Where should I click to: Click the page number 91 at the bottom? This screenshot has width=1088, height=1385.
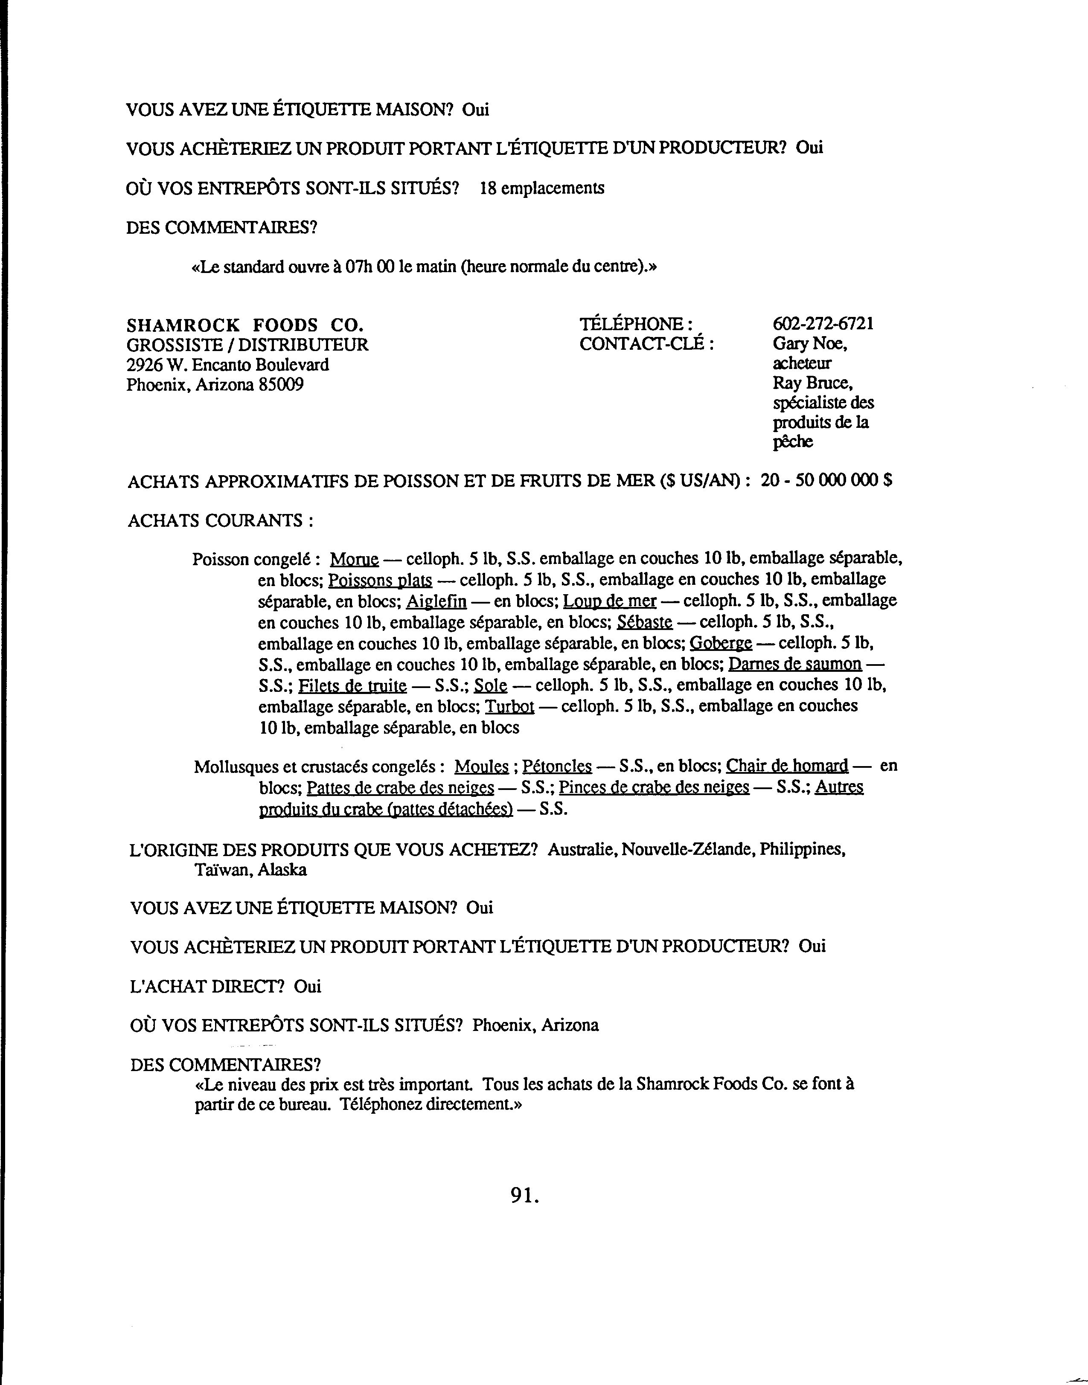point(524,1196)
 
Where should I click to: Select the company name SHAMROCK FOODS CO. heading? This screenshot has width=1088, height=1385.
point(245,325)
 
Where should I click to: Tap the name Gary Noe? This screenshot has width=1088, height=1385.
point(809,344)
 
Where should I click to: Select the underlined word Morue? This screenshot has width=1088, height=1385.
point(354,560)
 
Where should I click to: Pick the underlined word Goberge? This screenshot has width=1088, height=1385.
point(721,643)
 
